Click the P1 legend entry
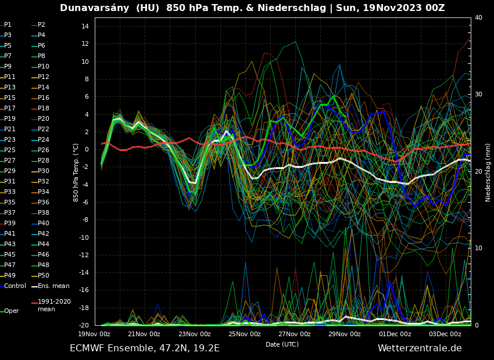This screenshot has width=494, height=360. click(x=8, y=25)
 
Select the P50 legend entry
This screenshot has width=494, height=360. click(x=43, y=275)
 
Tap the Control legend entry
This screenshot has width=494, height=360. click(x=15, y=286)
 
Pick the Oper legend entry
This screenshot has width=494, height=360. click(x=11, y=311)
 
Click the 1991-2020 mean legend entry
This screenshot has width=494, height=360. click(x=54, y=305)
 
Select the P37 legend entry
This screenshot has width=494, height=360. click(x=10, y=213)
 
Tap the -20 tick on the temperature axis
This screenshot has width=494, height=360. click(x=83, y=326)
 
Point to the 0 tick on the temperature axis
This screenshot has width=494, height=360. click(x=86, y=150)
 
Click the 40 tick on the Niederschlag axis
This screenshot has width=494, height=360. click(x=478, y=18)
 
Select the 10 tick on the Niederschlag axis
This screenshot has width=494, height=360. click(x=478, y=249)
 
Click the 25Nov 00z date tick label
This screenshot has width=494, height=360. click(x=245, y=334)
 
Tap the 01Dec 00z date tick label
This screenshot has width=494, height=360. click(x=395, y=334)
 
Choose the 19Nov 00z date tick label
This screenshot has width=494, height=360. click(x=94, y=334)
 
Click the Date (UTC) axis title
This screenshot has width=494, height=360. click(x=282, y=345)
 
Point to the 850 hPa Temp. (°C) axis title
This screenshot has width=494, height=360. click(x=76, y=172)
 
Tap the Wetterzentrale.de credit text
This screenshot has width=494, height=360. click(x=420, y=348)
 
